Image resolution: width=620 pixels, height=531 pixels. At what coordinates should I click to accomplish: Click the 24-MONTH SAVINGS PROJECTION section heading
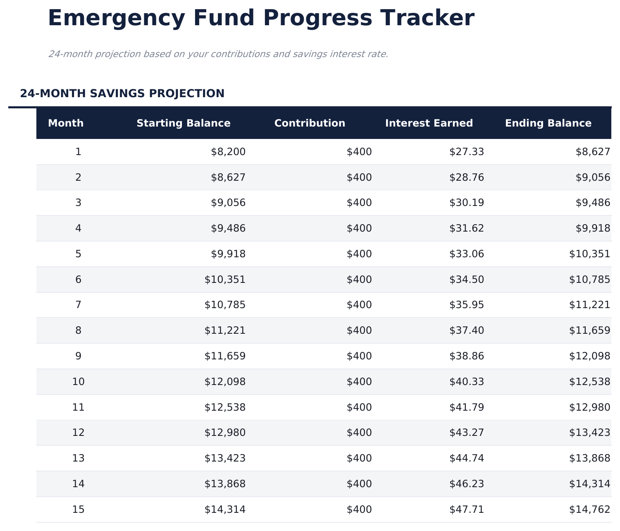pos(122,93)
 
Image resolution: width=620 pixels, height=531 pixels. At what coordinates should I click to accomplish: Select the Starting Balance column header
pos(184,123)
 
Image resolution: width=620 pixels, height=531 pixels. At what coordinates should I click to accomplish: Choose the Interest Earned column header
pos(429,123)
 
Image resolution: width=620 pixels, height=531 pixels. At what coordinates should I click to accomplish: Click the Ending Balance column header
pos(548,123)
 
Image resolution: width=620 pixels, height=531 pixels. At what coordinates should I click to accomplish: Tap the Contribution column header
pos(310,123)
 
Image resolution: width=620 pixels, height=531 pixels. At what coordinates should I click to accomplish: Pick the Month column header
pos(66,123)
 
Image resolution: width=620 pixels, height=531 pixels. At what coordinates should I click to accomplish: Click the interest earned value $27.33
pos(467,152)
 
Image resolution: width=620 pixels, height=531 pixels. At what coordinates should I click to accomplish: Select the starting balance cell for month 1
pos(228,152)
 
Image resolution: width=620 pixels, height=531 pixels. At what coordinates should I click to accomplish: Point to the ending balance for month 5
pos(589,254)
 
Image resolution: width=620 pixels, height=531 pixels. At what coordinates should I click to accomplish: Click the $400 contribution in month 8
pos(359,330)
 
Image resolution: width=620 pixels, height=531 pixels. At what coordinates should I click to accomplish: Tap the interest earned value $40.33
pos(467,382)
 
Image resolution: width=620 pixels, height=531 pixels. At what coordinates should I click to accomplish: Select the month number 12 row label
pos(78,433)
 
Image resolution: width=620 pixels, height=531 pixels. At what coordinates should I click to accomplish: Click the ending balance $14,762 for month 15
pos(589,509)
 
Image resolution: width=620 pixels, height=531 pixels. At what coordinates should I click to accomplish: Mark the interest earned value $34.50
pos(467,280)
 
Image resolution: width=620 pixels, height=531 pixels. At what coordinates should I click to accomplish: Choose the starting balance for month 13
pos(225,458)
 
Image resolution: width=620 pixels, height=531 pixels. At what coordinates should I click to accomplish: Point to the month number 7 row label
pos(78,305)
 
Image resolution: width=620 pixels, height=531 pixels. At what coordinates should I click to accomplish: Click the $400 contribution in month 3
pos(359,203)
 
